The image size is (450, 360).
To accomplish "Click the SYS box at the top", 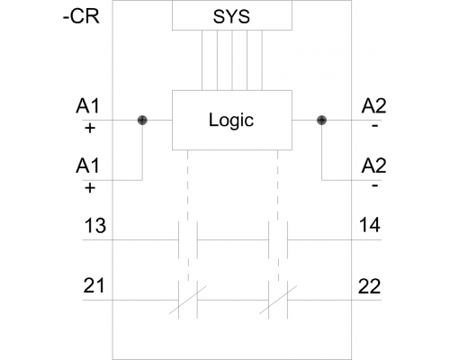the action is click(x=232, y=15).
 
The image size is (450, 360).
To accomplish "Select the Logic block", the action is click(x=232, y=120).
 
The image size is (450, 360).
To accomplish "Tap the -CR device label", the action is click(x=81, y=16).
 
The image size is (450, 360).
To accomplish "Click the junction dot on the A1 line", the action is click(x=142, y=121).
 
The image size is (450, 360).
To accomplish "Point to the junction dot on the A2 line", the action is click(x=321, y=121).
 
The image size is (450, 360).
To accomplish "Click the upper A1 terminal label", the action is click(x=87, y=106).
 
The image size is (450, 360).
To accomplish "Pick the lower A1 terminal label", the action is click(x=87, y=166).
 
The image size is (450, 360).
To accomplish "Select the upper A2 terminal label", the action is click(x=373, y=106).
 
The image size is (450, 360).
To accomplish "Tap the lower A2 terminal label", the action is click(x=373, y=166).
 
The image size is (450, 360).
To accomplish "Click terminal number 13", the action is click(x=95, y=226).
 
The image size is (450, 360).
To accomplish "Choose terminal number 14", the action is click(x=370, y=225).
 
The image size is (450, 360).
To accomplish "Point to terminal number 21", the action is click(x=94, y=285).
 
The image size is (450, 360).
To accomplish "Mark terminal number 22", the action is click(x=369, y=286).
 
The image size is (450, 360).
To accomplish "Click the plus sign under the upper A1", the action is click(x=90, y=129).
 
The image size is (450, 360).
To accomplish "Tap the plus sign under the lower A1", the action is click(x=90, y=188).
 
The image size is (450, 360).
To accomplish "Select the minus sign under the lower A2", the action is click(x=374, y=185).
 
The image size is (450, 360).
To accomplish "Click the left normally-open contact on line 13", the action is click(x=188, y=240).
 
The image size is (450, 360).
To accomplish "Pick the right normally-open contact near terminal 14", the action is click(x=278, y=240).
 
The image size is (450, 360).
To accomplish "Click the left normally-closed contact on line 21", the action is click(x=188, y=300).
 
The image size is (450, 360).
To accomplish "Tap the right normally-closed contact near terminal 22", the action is click(x=278, y=300).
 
